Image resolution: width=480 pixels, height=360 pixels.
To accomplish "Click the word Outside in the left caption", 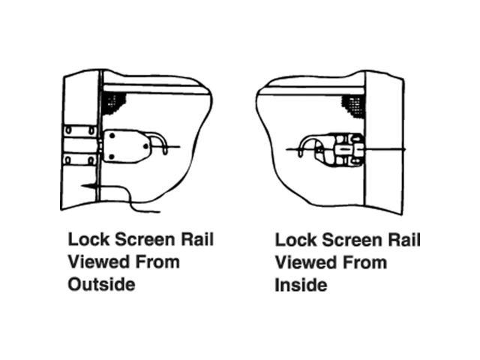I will [102, 285].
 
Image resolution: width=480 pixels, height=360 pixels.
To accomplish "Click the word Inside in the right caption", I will [301, 285].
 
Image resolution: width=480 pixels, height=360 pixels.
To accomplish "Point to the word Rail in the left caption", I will [196, 239].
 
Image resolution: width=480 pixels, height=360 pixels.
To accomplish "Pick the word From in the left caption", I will [157, 262].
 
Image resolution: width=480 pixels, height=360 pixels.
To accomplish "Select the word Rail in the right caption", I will [403, 240].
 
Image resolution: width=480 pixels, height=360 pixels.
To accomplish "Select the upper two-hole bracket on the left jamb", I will [80, 130].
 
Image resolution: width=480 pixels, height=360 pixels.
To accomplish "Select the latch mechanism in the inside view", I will [341, 148].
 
